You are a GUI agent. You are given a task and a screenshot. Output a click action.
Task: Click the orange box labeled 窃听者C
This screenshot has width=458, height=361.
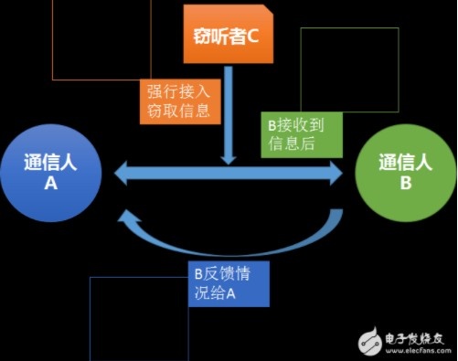[x=229, y=34]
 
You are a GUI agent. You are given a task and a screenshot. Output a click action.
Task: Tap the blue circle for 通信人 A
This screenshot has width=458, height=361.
[x=51, y=173]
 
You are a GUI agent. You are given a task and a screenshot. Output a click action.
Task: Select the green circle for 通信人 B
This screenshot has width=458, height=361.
[x=406, y=172]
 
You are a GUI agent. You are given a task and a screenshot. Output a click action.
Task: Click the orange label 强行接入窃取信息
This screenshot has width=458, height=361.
[x=180, y=101]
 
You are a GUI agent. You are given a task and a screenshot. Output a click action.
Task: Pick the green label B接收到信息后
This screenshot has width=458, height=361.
[x=302, y=134]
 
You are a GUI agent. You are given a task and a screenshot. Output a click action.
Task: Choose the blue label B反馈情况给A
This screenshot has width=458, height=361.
[x=229, y=283]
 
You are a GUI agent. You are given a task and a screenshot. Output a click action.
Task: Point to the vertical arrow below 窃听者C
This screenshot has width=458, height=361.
[x=229, y=116]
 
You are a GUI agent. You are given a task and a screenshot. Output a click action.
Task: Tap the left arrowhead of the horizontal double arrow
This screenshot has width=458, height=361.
[x=121, y=174]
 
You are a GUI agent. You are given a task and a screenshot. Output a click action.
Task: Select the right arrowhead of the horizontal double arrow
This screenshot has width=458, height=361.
[x=336, y=174]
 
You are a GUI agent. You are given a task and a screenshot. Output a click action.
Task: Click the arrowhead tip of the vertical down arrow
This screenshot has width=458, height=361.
[x=229, y=165]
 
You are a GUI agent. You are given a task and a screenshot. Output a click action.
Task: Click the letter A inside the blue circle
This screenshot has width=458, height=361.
[x=51, y=184]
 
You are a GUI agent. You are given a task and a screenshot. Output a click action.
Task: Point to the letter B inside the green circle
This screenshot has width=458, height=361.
[x=406, y=184]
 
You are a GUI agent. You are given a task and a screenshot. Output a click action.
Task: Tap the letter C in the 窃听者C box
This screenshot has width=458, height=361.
[x=252, y=37]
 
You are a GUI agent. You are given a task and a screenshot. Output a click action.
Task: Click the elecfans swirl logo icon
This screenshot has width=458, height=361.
[x=370, y=342]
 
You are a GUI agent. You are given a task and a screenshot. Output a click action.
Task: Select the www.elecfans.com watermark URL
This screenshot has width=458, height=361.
[x=418, y=350]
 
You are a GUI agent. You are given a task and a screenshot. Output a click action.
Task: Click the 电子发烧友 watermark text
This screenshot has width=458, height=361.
[x=414, y=338]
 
